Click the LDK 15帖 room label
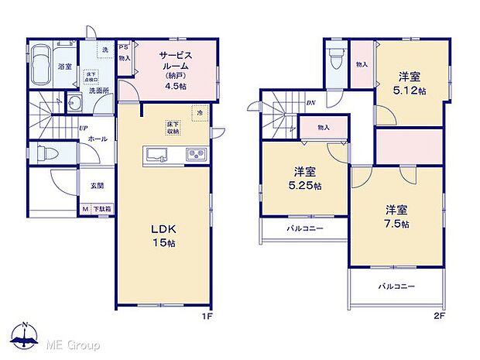point(163,235)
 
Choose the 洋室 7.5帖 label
point(397,216)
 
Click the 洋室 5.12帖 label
point(411,83)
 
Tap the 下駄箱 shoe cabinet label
point(101,209)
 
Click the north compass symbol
point(27,335)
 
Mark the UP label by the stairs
point(81,129)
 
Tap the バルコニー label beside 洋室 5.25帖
point(305,230)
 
